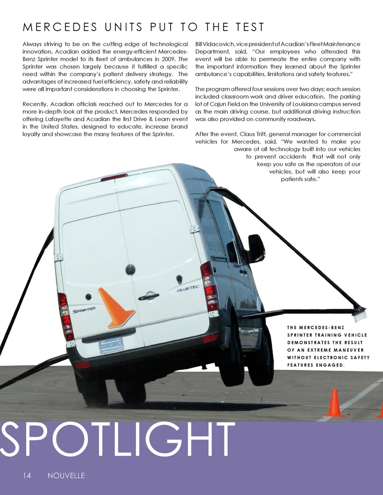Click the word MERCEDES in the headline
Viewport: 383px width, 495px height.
click(x=60, y=27)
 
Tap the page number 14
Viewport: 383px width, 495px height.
click(x=27, y=475)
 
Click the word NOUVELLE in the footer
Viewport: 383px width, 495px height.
click(x=66, y=475)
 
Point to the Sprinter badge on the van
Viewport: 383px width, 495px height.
click(x=84, y=310)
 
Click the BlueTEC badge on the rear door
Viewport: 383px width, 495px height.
click(x=188, y=288)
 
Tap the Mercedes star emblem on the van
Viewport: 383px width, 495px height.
click(x=130, y=270)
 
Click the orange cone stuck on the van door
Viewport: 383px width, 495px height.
click(x=115, y=307)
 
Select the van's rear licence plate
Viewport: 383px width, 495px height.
click(x=111, y=345)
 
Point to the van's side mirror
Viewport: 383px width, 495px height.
click(x=255, y=247)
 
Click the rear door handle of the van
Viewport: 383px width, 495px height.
click(x=148, y=297)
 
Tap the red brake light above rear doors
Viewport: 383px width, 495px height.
click(x=114, y=178)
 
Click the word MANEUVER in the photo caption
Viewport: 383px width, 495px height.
click(x=349, y=350)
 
